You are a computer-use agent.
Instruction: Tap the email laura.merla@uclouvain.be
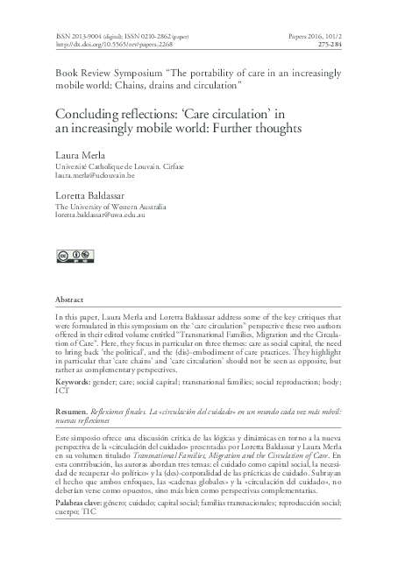coord(94,175)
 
